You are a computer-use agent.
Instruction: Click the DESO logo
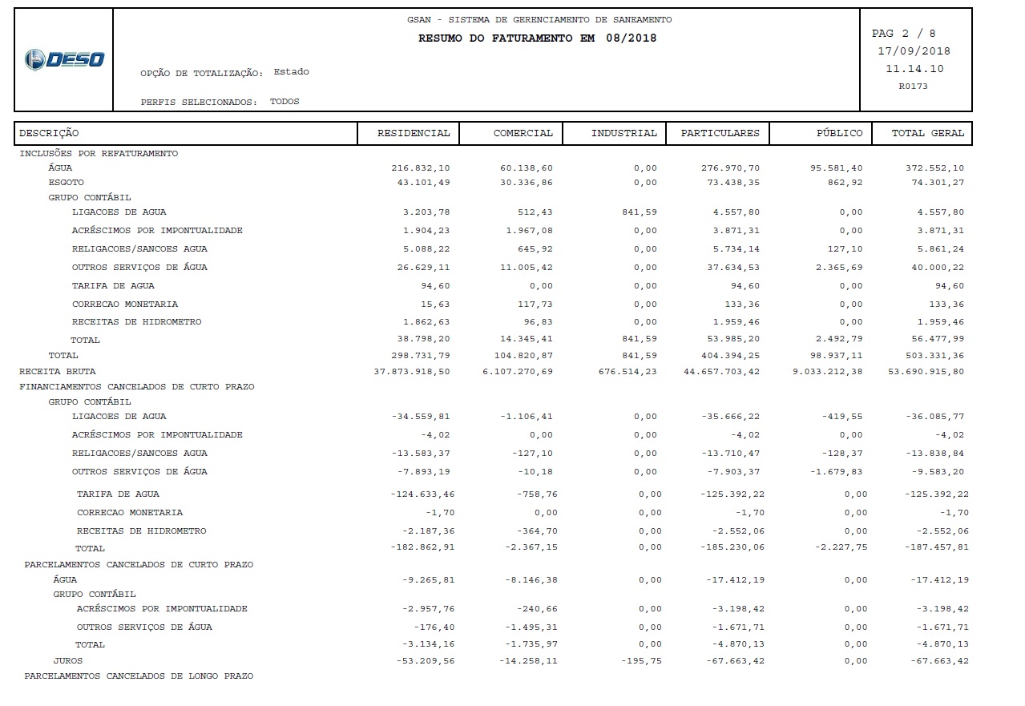[64, 59]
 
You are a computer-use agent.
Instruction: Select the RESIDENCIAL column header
[414, 133]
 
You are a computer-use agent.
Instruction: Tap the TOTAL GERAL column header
[928, 133]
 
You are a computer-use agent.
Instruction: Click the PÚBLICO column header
[840, 133]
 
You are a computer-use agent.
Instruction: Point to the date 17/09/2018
[914, 51]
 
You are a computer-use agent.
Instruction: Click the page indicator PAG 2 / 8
[903, 34]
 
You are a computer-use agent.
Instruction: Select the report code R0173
[913, 86]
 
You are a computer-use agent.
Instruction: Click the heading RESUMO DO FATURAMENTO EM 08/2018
[537, 38]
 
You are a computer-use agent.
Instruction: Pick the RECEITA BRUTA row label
[57, 371]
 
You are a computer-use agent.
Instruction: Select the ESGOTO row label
[66, 183]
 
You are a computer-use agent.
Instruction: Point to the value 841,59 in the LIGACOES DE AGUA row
[639, 212]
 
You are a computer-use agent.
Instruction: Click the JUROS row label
[68, 661]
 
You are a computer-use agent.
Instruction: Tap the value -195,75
[641, 661]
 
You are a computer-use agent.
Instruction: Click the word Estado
[291, 72]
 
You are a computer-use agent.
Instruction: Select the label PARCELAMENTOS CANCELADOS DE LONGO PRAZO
[139, 676]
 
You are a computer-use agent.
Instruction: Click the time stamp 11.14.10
[914, 69]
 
